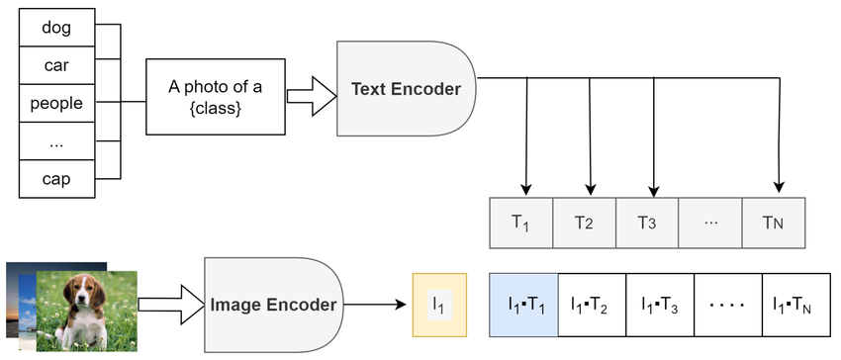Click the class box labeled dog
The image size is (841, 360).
[57, 28]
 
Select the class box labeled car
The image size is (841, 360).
[57, 65]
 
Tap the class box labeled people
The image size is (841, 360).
[57, 103]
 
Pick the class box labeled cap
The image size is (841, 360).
[57, 178]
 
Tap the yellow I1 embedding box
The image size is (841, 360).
[439, 306]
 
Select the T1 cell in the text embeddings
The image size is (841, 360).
[520, 223]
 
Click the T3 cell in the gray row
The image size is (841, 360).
[647, 223]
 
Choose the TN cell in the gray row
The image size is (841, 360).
[775, 223]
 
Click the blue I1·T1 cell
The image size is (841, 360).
[524, 306]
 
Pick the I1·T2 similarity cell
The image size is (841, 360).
[592, 306]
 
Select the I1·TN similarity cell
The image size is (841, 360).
[793, 306]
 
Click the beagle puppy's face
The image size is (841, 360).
[82, 295]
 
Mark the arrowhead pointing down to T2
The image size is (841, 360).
[590, 188]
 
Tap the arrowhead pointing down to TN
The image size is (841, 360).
[781, 188]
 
